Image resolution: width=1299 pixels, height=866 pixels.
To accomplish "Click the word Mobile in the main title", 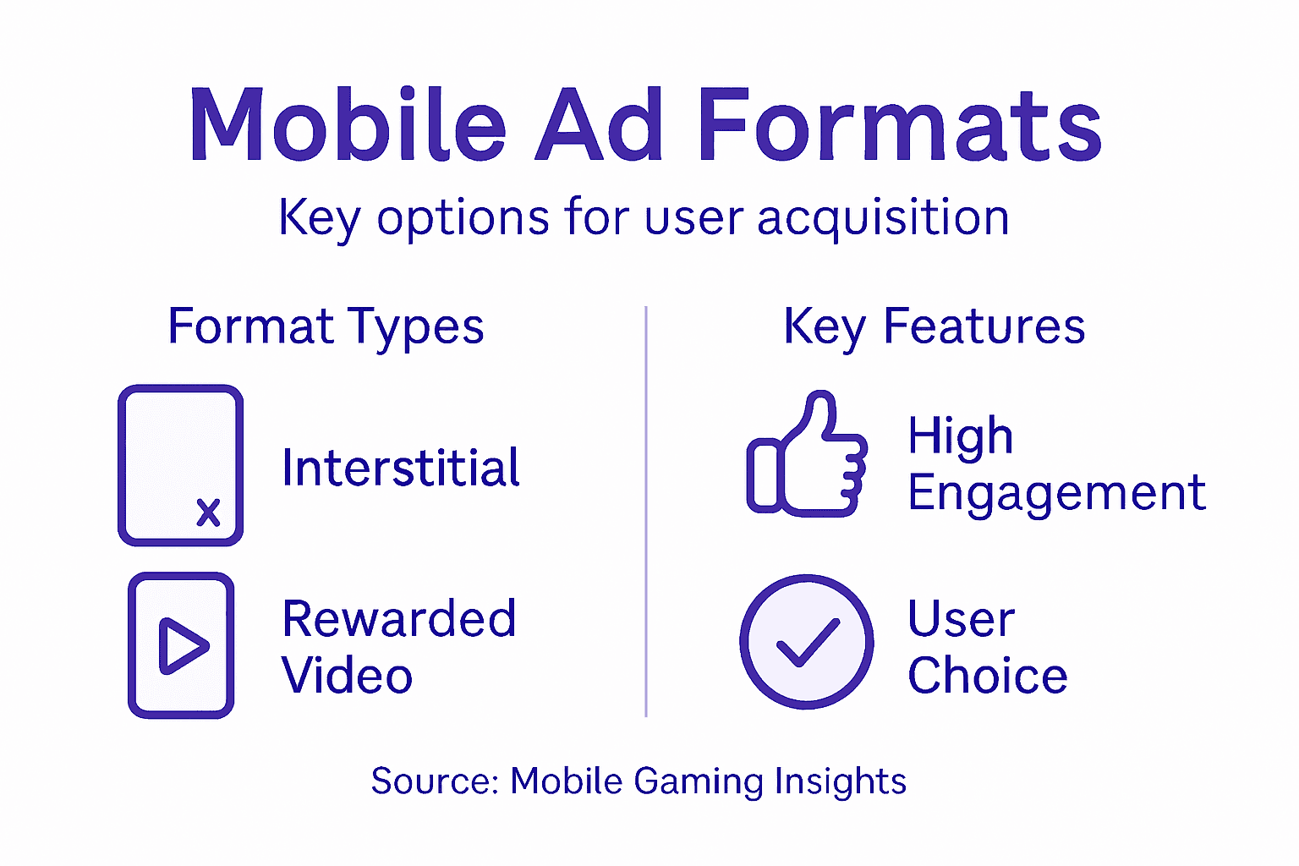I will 347,125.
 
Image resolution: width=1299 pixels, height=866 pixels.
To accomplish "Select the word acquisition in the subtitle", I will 883,218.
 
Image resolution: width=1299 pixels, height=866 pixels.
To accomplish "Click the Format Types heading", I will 326,327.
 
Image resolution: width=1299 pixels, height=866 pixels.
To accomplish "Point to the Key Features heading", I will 934,327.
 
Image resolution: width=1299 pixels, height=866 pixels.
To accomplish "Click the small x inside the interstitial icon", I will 208,512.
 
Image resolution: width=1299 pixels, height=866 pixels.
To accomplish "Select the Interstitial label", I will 401,468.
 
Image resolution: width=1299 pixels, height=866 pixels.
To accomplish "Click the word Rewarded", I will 398,618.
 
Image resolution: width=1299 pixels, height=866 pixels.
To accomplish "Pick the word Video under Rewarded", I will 347,676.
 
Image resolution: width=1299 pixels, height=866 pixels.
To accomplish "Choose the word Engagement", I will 1056,493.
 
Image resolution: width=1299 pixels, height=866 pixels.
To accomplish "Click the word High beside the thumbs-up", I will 960,436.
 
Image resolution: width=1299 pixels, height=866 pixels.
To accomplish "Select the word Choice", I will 987,676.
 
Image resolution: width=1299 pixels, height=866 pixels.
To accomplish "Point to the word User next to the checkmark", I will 961,619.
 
